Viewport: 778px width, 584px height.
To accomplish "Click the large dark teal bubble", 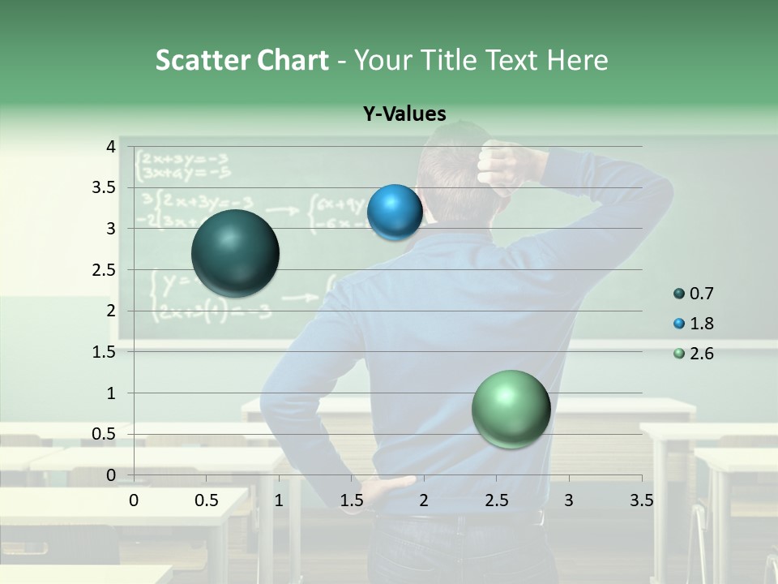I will (235, 253).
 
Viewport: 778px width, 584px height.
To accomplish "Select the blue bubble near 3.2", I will (395, 213).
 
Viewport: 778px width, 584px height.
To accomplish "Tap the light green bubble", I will (511, 409).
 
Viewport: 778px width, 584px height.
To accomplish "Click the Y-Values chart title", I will (404, 114).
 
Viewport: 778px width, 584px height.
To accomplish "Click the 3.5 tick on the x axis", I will (641, 500).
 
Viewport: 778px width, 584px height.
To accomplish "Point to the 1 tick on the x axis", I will (279, 500).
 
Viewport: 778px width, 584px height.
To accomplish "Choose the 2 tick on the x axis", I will (423, 500).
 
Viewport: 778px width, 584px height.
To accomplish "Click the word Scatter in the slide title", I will (203, 60).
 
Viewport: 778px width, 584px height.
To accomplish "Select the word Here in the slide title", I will (576, 60).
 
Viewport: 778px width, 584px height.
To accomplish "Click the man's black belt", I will (486, 518).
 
